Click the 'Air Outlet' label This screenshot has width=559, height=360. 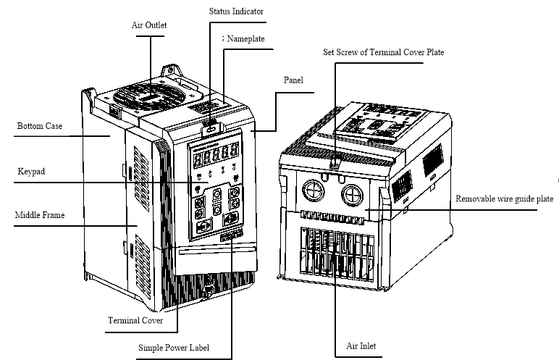[149, 25]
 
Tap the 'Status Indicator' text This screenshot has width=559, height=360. [236, 12]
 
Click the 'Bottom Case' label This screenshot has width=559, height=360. [40, 126]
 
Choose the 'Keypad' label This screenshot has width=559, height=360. [30, 172]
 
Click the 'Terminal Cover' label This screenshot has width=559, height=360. [135, 319]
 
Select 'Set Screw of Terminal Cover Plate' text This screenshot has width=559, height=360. [383, 53]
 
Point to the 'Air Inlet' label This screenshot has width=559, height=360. [360, 346]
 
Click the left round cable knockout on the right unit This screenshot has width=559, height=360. [313, 191]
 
